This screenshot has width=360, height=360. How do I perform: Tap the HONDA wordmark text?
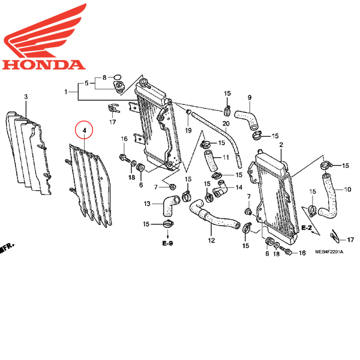pyautogui.click(x=41, y=65)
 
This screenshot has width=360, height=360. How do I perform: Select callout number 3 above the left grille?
pyautogui.click(x=26, y=97)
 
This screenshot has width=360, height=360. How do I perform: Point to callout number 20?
pyautogui.click(x=226, y=124)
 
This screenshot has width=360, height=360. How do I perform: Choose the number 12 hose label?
pyautogui.click(x=211, y=240)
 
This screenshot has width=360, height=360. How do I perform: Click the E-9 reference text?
pyautogui.click(x=166, y=245)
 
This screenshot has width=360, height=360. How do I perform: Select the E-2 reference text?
pyautogui.click(x=306, y=228)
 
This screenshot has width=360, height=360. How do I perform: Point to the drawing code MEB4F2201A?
pyautogui.click(x=329, y=253)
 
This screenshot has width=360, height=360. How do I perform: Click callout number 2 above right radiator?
pyautogui.click(x=281, y=146)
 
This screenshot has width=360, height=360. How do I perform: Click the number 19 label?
pyautogui.click(x=187, y=130)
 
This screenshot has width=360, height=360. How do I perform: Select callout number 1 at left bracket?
pyautogui.click(x=67, y=92)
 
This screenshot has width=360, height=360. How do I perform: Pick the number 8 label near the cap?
pyautogui.click(x=104, y=77)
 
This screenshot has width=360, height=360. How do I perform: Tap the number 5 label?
pyautogui.click(x=86, y=83)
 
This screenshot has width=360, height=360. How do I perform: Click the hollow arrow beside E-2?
pyautogui.click(x=321, y=228)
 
